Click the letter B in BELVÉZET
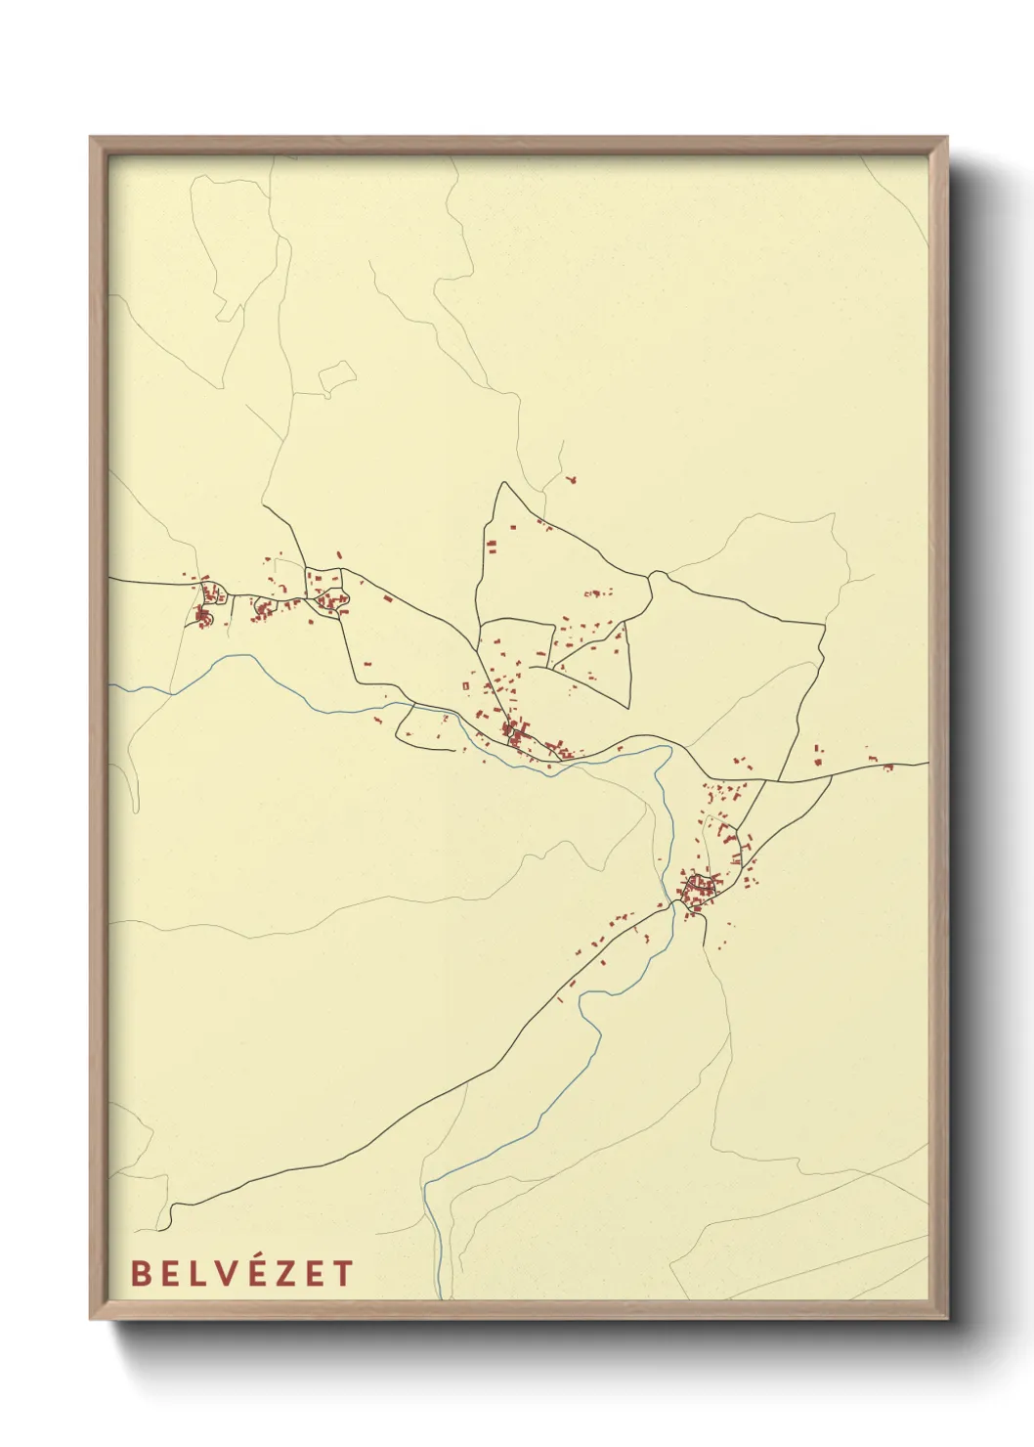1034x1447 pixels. [141, 1273]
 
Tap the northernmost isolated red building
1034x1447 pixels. [572, 479]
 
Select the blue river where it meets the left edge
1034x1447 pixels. [110, 685]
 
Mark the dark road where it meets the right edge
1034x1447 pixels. [926, 764]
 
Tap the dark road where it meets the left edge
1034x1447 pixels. [110, 579]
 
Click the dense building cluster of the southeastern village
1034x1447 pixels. [700, 890]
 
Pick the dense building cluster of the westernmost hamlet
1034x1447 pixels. [204, 617]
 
